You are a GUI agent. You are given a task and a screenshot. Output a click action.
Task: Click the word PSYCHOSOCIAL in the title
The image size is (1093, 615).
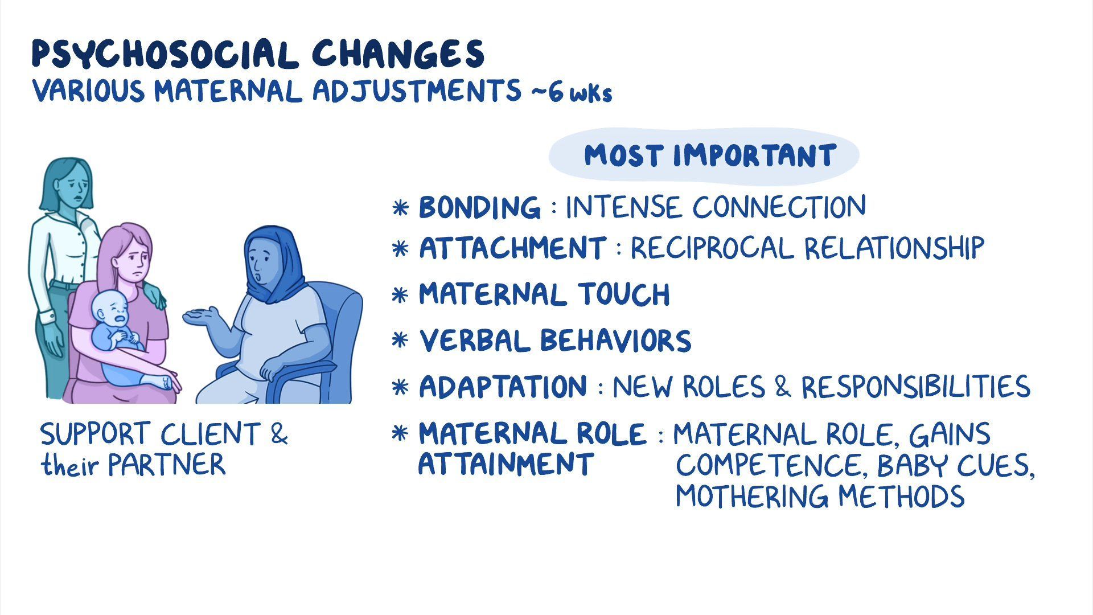point(165,55)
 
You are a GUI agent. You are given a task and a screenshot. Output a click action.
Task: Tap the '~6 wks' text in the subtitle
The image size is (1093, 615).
point(572,93)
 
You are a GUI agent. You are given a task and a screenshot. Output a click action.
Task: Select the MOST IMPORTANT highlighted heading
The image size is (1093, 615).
point(709,155)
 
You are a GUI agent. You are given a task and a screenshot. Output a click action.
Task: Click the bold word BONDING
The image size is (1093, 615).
point(479,207)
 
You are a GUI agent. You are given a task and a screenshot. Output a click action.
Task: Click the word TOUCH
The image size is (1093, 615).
point(624,294)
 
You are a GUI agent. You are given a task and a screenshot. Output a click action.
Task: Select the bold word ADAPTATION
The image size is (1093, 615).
point(503,387)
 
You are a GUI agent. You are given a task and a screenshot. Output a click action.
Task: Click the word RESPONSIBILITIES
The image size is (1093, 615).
point(916,387)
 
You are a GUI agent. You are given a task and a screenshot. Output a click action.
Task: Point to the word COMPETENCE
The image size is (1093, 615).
point(772,466)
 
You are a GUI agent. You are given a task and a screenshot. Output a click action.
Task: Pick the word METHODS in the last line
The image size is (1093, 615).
point(902,496)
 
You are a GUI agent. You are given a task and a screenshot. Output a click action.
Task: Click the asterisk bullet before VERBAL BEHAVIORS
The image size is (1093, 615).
point(401,341)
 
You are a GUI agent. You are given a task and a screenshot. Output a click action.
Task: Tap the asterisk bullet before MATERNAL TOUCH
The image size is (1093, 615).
point(401,295)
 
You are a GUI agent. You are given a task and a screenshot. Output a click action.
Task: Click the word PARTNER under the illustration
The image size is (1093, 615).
point(167,465)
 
